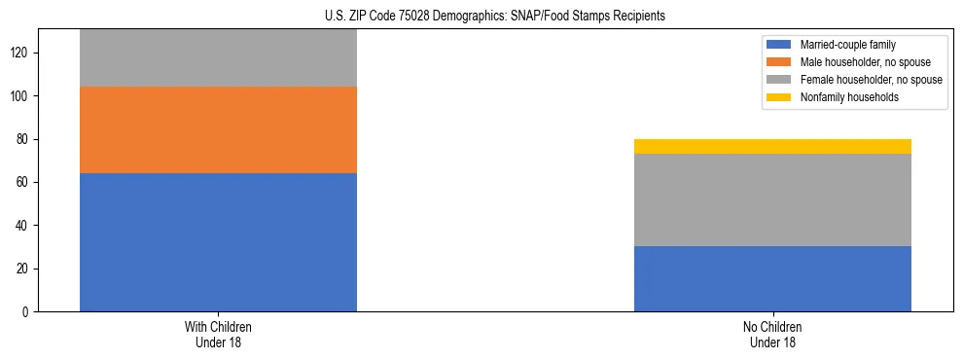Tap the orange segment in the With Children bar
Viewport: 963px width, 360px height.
218,130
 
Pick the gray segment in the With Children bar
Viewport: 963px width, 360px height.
218,58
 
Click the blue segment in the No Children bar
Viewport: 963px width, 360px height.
772,278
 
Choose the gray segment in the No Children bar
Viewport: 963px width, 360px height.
772,199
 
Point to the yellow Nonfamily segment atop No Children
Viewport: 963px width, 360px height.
772,146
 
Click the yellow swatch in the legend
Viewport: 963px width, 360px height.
779,97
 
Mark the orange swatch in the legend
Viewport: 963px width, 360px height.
779,62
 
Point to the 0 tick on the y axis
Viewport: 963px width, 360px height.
26,311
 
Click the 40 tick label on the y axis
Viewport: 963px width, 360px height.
23,226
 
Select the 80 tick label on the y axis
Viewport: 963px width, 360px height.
23,139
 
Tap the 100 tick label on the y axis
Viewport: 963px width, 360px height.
20,96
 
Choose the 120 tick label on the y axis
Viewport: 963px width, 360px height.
20,54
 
